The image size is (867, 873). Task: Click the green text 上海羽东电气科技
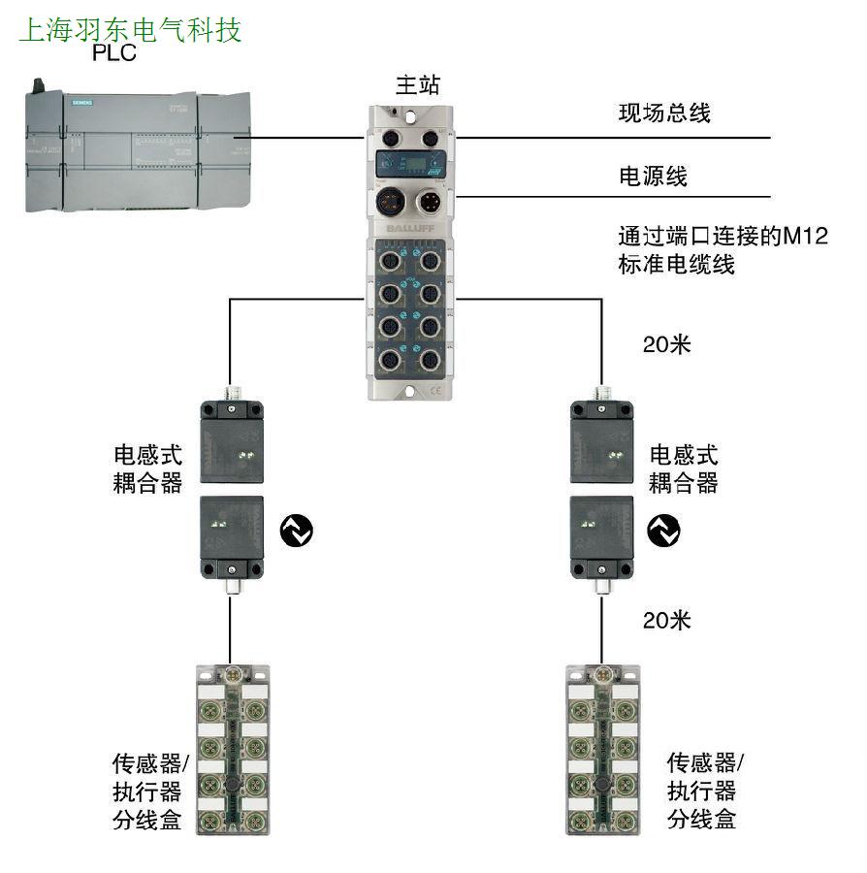point(130,29)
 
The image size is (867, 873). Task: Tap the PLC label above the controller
point(113,52)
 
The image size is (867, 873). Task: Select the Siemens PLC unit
point(137,149)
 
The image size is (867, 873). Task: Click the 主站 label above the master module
point(418,84)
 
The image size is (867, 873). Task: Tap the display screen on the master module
point(408,162)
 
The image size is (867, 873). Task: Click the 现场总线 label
point(664,113)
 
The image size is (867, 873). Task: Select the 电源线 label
point(653,177)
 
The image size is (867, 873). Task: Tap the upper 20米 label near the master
point(667,343)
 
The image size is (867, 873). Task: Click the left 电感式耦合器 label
point(147,469)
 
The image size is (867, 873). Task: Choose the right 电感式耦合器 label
point(684,469)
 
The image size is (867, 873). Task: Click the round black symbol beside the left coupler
point(297,530)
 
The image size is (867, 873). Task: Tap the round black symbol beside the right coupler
point(664,530)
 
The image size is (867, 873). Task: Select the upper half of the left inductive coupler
point(233,440)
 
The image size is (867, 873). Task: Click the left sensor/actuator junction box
point(233,750)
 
